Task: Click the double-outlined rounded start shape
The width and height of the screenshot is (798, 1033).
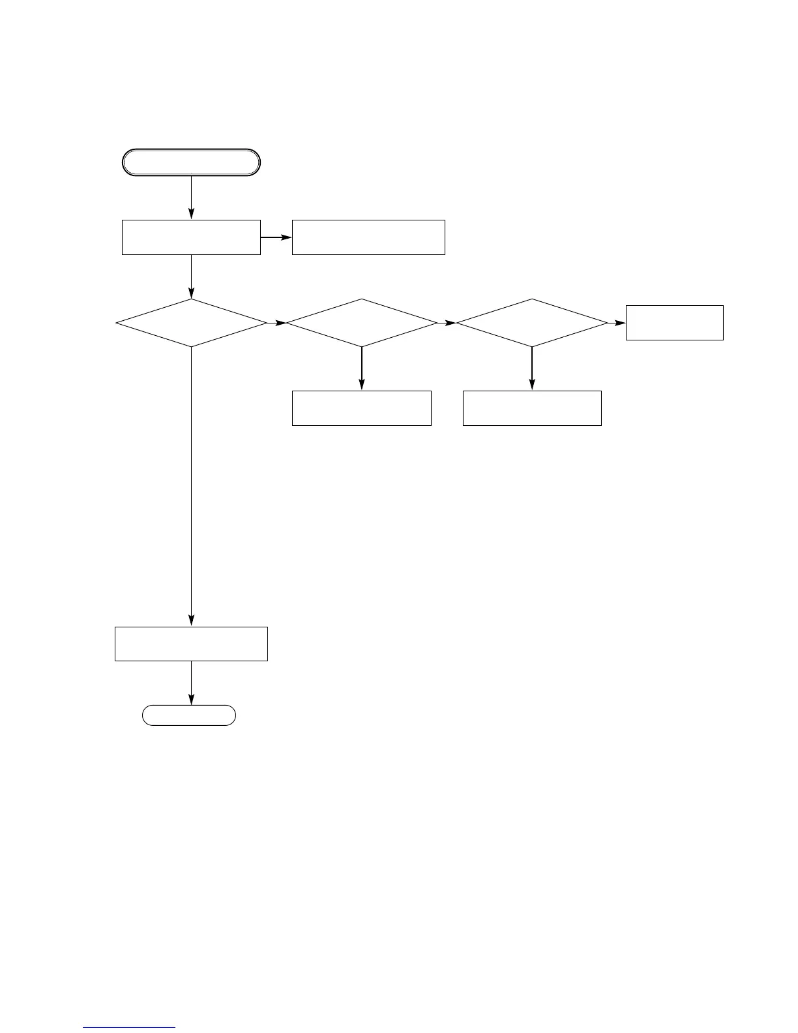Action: click(191, 162)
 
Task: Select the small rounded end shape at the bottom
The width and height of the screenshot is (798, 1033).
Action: click(189, 715)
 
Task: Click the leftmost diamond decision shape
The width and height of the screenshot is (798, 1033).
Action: click(191, 323)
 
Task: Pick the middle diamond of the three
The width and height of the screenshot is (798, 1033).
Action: click(361, 323)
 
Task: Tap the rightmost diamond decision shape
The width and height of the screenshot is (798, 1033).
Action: click(532, 323)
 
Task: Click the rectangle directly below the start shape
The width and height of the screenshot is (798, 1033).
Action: click(191, 237)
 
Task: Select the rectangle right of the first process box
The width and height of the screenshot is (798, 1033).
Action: click(368, 237)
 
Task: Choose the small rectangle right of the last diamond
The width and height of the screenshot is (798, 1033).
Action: click(674, 322)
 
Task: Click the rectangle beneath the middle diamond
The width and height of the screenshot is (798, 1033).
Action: click(361, 408)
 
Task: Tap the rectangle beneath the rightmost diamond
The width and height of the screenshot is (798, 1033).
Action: click(532, 408)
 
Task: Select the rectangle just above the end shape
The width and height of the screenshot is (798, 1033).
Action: click(191, 644)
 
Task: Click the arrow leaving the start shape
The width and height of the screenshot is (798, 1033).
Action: click(191, 198)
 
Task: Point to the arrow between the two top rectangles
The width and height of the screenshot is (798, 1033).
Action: click(276, 237)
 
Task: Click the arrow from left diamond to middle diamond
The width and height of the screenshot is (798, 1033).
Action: click(276, 323)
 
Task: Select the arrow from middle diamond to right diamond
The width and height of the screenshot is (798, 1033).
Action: click(447, 323)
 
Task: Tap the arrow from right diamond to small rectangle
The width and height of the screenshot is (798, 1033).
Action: click(617, 323)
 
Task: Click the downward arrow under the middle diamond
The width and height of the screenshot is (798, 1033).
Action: click(361, 368)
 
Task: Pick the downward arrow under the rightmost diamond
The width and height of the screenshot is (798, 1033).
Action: click(532, 368)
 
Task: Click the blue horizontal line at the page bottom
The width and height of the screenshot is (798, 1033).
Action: click(129, 1028)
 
